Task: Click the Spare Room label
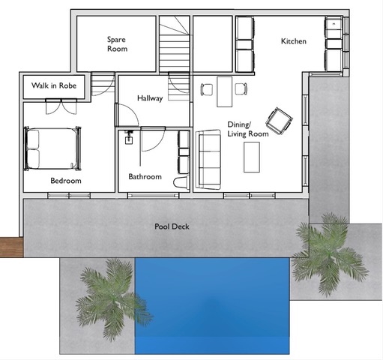click(117, 44)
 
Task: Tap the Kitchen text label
click(294, 41)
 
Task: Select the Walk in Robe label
click(54, 85)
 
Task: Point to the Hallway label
click(150, 98)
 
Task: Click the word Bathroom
click(145, 176)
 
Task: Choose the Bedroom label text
click(66, 181)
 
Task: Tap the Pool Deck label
click(172, 226)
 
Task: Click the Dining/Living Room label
click(248, 129)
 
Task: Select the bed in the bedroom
click(52, 148)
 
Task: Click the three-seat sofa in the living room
click(208, 160)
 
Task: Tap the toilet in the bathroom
click(181, 182)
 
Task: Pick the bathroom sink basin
click(129, 139)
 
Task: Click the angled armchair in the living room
click(279, 121)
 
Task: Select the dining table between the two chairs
click(225, 91)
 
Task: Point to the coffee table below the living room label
click(252, 157)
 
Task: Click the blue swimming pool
click(212, 306)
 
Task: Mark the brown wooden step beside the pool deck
click(12, 247)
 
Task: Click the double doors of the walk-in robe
click(61, 106)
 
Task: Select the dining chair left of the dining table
click(207, 89)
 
